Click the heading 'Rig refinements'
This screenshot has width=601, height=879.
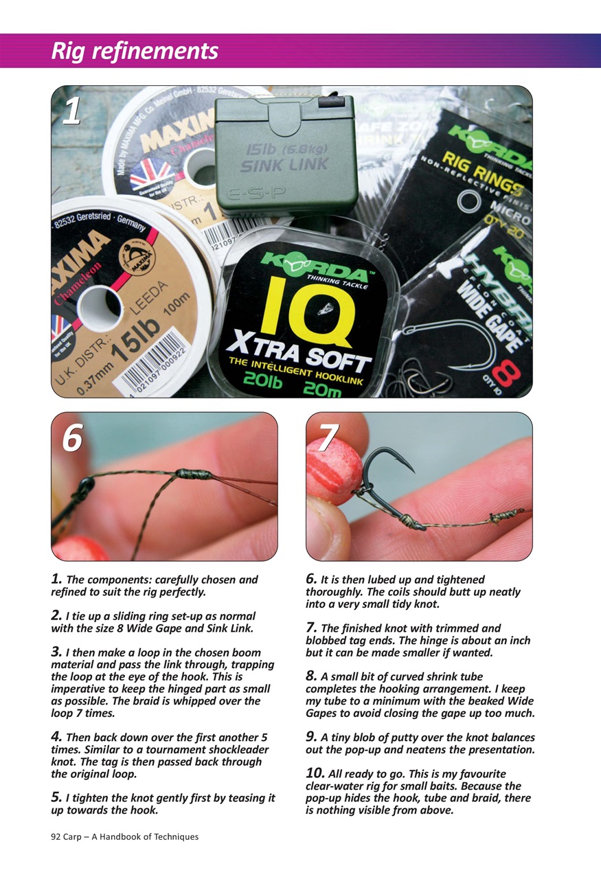click(x=135, y=51)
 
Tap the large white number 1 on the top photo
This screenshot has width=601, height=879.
click(x=71, y=112)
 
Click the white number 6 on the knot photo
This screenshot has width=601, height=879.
click(x=72, y=437)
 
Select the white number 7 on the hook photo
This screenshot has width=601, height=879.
click(x=329, y=437)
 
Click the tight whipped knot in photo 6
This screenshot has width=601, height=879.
click(x=190, y=474)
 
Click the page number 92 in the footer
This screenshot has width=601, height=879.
click(x=57, y=837)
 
